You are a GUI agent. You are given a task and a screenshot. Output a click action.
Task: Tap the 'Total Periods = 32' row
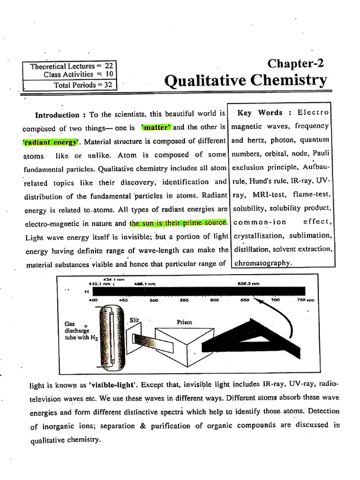pyautogui.click(x=82, y=85)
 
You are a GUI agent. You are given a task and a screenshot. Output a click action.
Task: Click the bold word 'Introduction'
pyautogui.click(x=58, y=115)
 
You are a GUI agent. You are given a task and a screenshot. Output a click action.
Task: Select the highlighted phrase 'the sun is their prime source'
pyautogui.click(x=178, y=223)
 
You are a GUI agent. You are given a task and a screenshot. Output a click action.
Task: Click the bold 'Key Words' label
pyautogui.click(x=260, y=113)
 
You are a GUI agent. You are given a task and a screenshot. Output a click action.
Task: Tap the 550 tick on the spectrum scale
pyautogui.click(x=184, y=300)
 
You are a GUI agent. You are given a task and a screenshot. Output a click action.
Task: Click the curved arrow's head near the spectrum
pyautogui.click(x=253, y=301)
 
